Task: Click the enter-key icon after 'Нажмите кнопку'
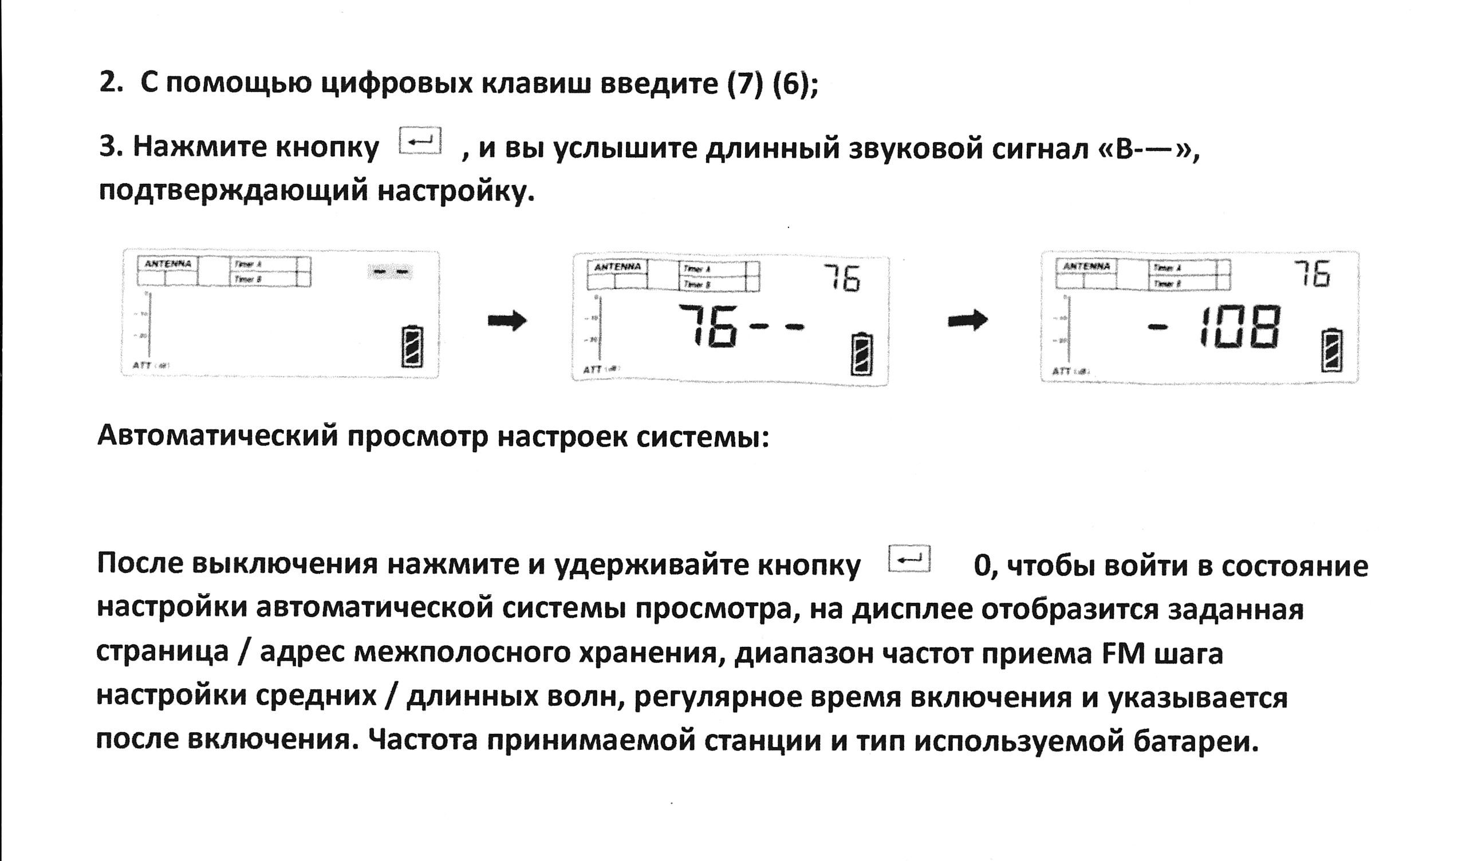point(420,140)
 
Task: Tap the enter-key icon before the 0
point(909,559)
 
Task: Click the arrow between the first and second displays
point(507,320)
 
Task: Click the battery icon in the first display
point(412,346)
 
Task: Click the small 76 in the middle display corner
point(842,278)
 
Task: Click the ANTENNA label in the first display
point(168,263)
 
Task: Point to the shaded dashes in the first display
point(390,271)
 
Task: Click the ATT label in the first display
point(142,365)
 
